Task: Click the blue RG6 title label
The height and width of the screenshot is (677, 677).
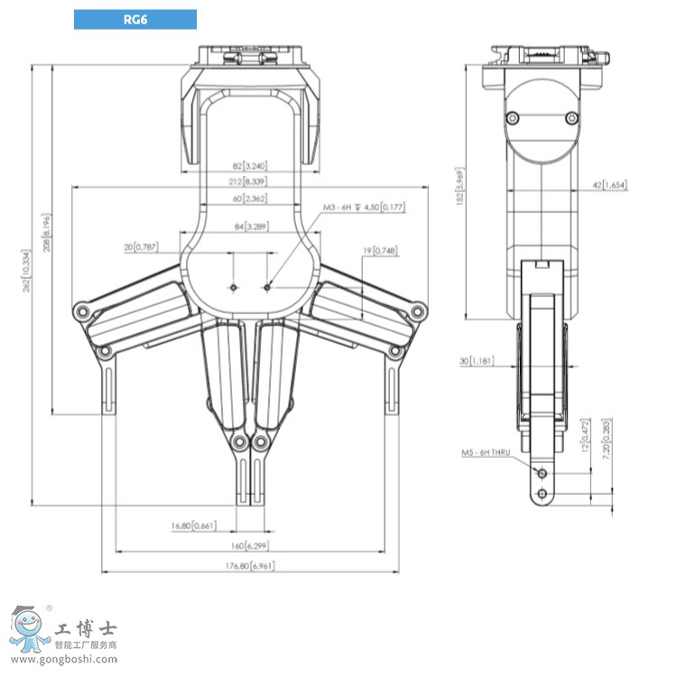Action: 134,19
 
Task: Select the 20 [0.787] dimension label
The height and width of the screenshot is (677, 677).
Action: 140,246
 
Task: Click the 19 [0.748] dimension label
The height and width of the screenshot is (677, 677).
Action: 382,251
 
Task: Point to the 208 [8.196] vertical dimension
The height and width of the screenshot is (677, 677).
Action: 46,233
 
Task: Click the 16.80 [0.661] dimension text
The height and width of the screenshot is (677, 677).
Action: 192,525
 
